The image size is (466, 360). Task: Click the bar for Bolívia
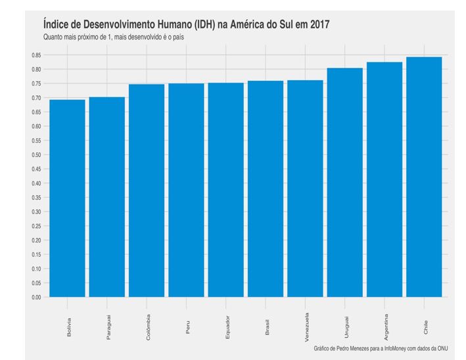pos(67,198)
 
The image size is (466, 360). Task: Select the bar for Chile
pos(424,177)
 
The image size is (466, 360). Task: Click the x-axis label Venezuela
pos(306,326)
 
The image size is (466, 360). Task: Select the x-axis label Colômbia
pos(149,326)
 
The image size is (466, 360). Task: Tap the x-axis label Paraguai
pos(108,326)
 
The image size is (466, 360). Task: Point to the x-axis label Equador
pos(227,326)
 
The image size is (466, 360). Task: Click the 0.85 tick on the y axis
pos(35,55)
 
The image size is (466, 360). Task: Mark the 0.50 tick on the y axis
pos(35,155)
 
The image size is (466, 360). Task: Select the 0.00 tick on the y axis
pos(35,297)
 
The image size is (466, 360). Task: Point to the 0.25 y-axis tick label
pos(35,226)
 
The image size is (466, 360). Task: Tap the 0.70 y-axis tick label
pos(35,98)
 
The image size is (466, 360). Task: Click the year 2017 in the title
pos(317,24)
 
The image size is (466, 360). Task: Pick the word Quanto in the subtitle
pos(54,37)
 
